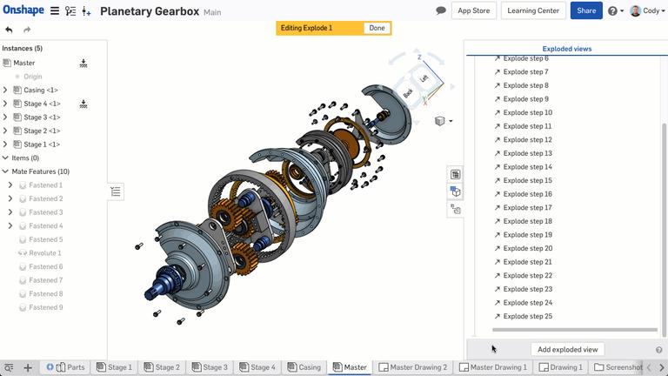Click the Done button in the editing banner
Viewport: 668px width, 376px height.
click(377, 28)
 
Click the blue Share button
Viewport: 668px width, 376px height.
click(586, 10)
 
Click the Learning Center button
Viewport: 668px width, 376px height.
click(533, 10)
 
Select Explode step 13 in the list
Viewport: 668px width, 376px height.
click(527, 153)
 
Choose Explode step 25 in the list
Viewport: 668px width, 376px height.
click(527, 316)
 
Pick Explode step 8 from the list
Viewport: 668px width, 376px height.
click(525, 85)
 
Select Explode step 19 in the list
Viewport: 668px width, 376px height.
click(527, 235)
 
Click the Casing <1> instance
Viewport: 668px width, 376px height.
click(41, 90)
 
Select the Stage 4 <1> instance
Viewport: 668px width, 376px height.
click(42, 104)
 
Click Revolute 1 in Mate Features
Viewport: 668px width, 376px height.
click(45, 252)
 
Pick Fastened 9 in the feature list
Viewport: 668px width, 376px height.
click(45, 307)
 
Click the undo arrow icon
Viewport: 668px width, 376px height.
click(9, 30)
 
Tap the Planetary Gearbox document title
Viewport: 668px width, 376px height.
click(149, 11)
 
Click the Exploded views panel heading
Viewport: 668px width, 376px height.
click(566, 49)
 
